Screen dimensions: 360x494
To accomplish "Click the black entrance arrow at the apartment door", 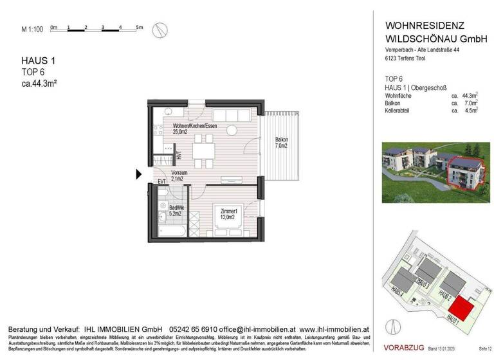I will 139,174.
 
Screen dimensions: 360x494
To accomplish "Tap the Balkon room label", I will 281,143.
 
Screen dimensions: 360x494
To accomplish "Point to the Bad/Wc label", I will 177,211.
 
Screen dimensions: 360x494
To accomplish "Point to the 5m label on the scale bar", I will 140,27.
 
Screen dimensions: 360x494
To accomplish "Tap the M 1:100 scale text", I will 32,29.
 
